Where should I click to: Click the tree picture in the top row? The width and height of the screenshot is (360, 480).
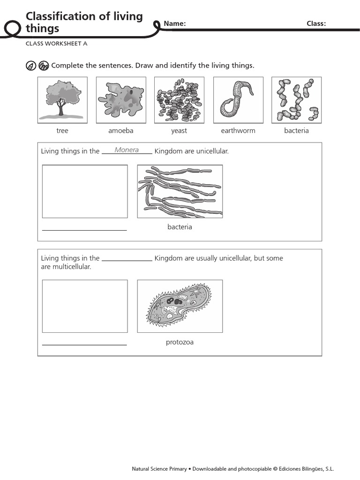click(62, 100)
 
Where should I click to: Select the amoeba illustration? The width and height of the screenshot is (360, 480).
click(121, 100)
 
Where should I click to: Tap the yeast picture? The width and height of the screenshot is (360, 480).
click(179, 100)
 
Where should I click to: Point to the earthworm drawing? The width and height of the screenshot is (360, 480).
click(238, 100)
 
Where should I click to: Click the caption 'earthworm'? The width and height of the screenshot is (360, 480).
click(238, 131)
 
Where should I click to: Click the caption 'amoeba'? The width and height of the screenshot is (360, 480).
click(121, 131)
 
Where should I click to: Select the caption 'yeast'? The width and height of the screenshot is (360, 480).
click(179, 131)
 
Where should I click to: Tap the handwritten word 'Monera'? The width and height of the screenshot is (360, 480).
click(127, 150)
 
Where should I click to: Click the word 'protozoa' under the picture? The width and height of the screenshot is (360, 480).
click(180, 342)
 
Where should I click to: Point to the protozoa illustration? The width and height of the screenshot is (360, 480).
click(180, 306)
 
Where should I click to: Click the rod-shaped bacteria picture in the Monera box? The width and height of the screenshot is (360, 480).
click(180, 191)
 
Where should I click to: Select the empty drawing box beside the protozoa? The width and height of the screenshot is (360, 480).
click(85, 306)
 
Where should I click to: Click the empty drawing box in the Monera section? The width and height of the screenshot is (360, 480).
click(85, 191)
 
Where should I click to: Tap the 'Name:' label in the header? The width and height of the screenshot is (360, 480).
click(175, 24)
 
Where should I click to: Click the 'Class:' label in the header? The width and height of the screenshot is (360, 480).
click(316, 24)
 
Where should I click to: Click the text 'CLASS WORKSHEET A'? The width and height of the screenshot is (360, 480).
click(57, 44)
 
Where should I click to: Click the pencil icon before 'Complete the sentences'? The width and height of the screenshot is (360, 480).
click(31, 66)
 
